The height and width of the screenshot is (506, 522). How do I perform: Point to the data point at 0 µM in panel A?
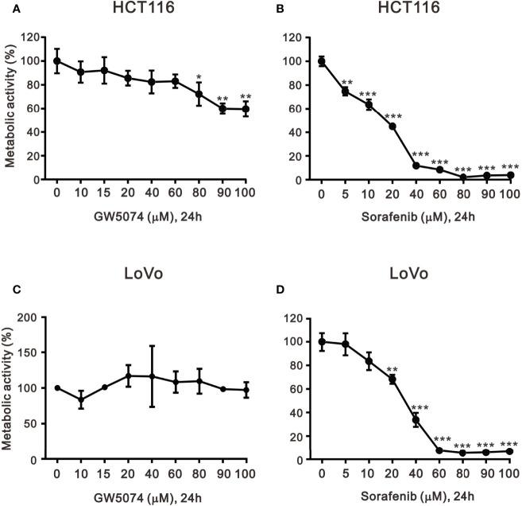click(x=56, y=60)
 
